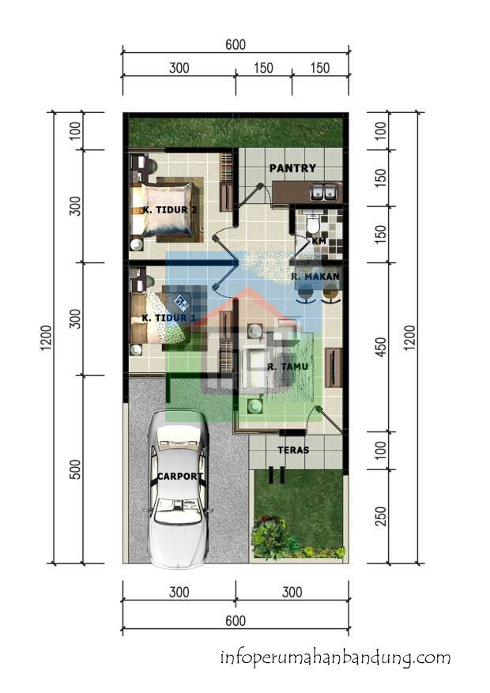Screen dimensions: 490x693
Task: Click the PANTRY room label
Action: pyautogui.click(x=292, y=168)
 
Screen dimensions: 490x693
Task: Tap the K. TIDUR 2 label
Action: pyautogui.click(x=170, y=209)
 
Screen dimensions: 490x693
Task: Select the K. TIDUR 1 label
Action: pyautogui.click(x=168, y=318)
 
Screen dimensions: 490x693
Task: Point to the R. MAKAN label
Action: pyautogui.click(x=315, y=277)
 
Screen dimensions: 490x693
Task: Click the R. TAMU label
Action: pyautogui.click(x=288, y=367)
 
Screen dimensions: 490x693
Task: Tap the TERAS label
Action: pyautogui.click(x=293, y=450)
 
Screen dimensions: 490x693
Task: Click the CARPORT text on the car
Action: pyautogui.click(x=180, y=476)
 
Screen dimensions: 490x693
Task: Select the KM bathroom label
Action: pyautogui.click(x=319, y=241)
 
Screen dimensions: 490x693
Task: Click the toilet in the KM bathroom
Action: pyautogui.click(x=313, y=223)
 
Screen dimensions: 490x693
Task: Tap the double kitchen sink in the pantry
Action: pyautogui.click(x=325, y=192)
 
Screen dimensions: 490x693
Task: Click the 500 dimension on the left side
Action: pyautogui.click(x=76, y=469)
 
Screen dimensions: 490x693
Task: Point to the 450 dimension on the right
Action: pyautogui.click(x=380, y=348)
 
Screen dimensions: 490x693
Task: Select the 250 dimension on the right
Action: pyautogui.click(x=380, y=516)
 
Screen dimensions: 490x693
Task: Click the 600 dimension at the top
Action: pyautogui.click(x=236, y=44)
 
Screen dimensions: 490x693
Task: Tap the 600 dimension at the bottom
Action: pyautogui.click(x=236, y=620)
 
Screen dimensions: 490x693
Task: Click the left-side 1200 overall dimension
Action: pyautogui.click(x=46, y=338)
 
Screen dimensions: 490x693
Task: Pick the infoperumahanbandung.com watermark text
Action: pyautogui.click(x=335, y=658)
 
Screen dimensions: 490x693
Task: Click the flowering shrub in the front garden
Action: pyautogui.click(x=270, y=538)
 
